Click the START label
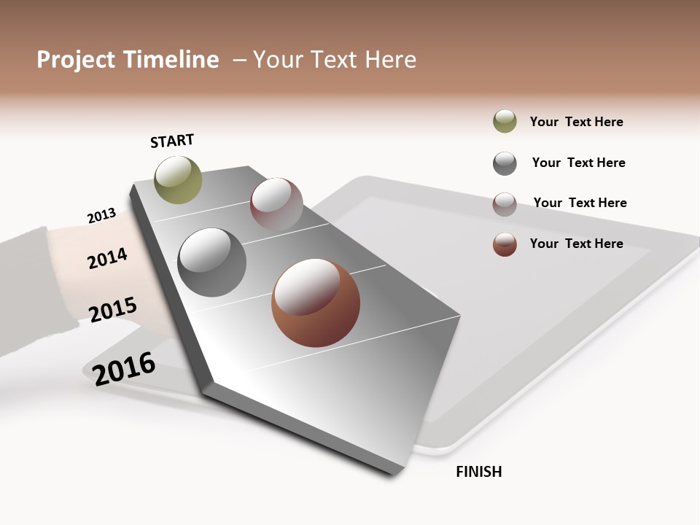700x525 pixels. [x=172, y=141]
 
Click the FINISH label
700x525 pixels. [x=479, y=472]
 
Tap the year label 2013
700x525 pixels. [x=101, y=216]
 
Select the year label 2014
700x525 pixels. [x=107, y=258]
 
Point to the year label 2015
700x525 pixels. [x=113, y=309]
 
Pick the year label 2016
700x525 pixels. [x=124, y=368]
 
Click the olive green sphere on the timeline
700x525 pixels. [x=179, y=179]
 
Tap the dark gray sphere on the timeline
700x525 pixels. [x=212, y=262]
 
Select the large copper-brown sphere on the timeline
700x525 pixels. [x=316, y=303]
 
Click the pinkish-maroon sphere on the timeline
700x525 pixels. [x=276, y=203]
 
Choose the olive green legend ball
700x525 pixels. [x=505, y=122]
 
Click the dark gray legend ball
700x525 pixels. [x=505, y=163]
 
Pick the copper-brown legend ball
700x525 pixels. [x=505, y=244]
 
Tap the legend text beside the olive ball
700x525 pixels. [x=576, y=122]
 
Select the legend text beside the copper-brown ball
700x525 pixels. [x=576, y=244]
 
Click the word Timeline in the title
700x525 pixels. [x=171, y=60]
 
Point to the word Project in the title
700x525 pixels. [x=76, y=60]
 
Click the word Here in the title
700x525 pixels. [x=391, y=60]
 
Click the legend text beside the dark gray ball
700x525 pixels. [x=578, y=163]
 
